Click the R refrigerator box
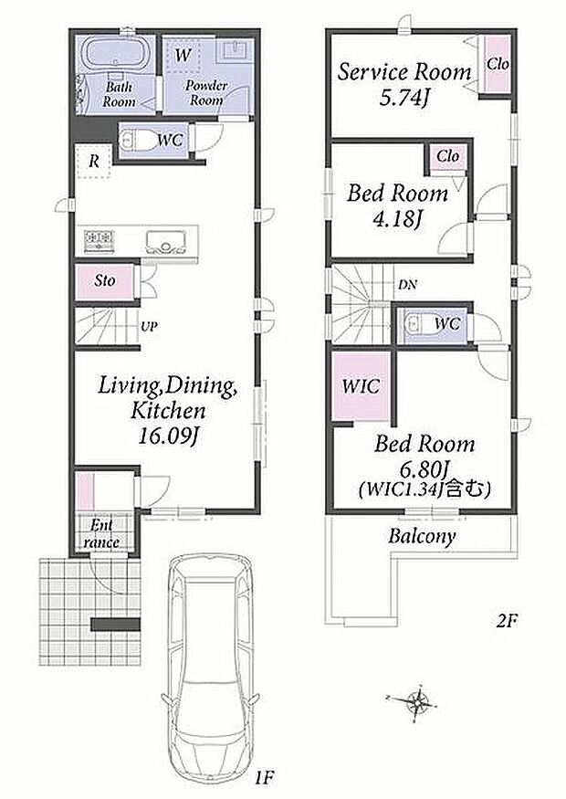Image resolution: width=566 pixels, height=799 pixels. click(x=94, y=162)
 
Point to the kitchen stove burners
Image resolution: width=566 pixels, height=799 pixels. click(x=100, y=238)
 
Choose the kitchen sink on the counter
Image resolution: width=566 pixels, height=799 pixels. click(x=165, y=240)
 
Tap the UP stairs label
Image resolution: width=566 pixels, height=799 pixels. click(x=149, y=326)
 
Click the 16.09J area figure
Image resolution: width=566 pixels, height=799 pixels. click(x=168, y=436)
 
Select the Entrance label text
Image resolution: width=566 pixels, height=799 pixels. click(x=101, y=533)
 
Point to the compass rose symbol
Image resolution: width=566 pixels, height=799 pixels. click(x=418, y=703)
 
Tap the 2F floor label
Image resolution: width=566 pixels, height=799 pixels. click(x=507, y=620)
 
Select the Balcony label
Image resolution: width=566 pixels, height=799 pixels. click(x=422, y=537)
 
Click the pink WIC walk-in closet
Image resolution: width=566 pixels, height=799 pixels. click(x=362, y=385)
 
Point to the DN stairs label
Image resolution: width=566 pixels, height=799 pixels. click(x=407, y=285)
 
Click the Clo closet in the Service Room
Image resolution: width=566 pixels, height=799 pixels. click(x=497, y=64)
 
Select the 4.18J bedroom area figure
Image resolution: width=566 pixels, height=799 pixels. click(x=398, y=221)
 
